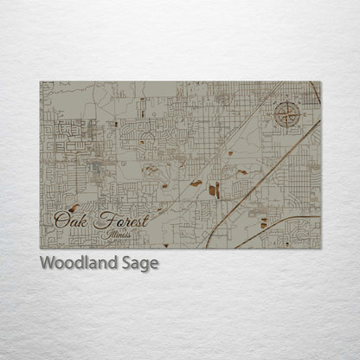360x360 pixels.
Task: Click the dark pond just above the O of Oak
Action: [74, 207]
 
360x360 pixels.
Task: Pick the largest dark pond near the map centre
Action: [214, 190]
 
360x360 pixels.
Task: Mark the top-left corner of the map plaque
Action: [40, 82]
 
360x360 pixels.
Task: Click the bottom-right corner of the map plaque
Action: [320, 248]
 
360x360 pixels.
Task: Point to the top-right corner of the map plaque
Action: [320, 82]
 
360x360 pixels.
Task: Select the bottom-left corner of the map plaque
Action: [40, 248]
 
